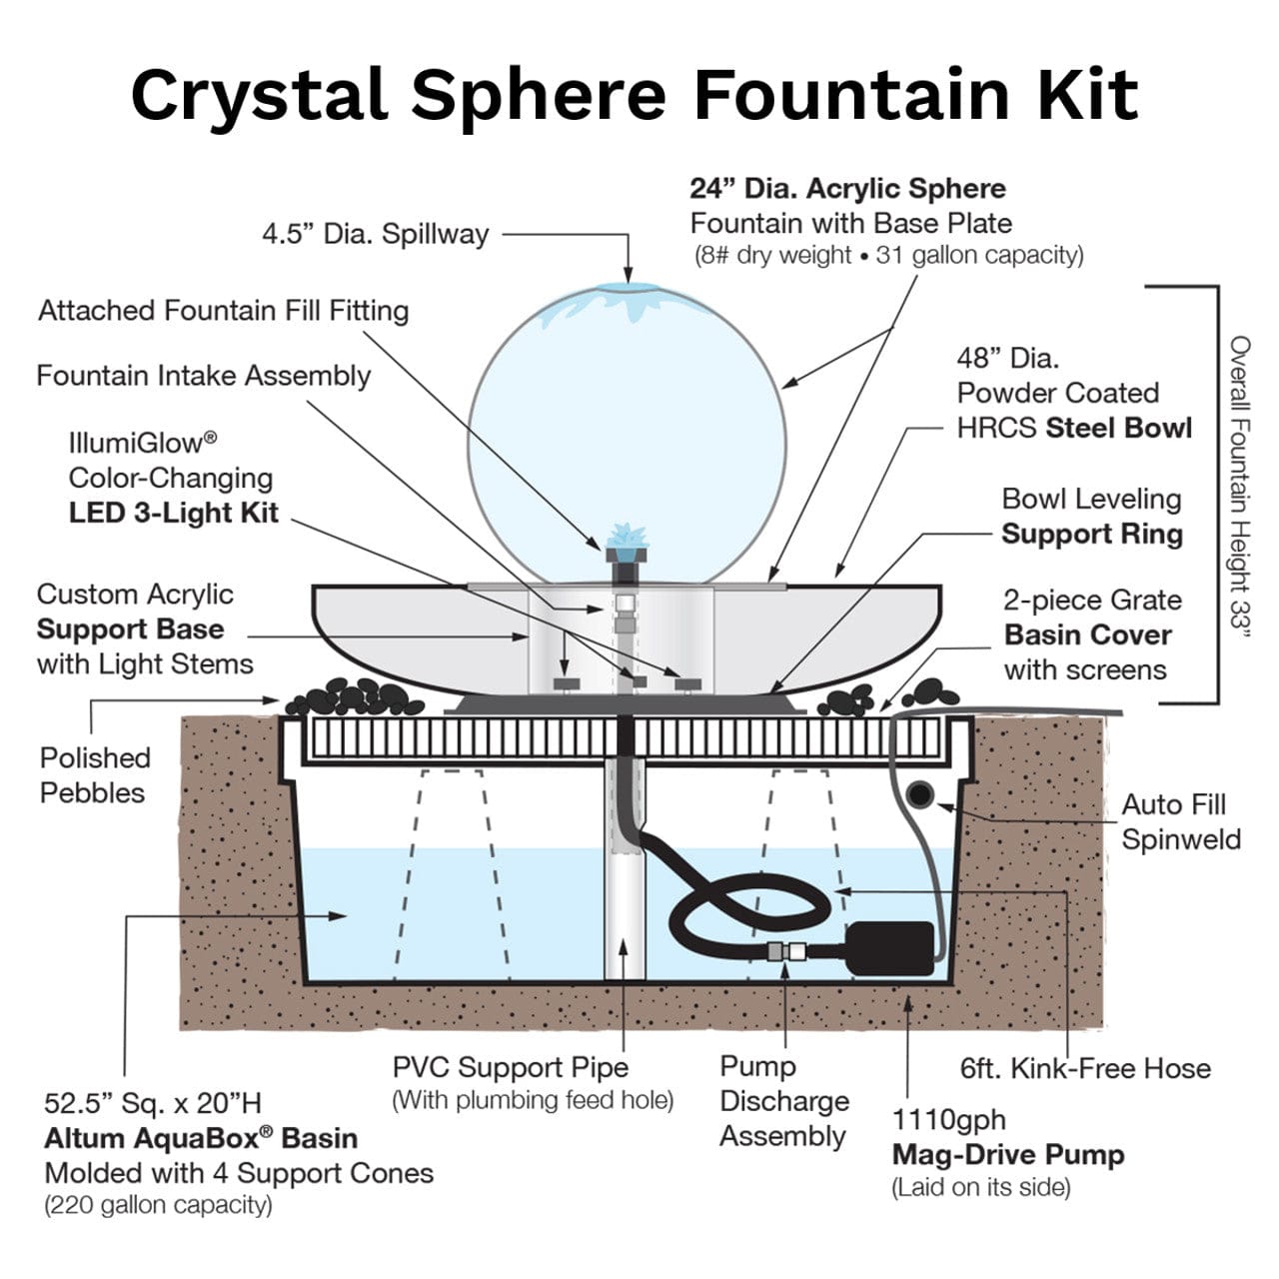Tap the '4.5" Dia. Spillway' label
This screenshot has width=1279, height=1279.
point(375,234)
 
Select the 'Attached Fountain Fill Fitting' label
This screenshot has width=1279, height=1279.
point(223,311)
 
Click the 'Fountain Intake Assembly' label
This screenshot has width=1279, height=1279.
point(203,376)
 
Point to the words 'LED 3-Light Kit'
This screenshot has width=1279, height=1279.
point(173,514)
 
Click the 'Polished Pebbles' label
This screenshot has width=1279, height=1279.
point(94,775)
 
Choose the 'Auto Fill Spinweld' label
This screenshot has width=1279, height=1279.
point(1180,821)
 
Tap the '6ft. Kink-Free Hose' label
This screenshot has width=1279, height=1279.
point(1084,1068)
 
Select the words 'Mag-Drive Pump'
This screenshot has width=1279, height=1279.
point(1007,1155)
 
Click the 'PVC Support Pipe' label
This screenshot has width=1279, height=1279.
point(510,1067)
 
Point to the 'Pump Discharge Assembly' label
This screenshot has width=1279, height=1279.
point(783,1101)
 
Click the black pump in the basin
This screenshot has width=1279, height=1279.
point(889,947)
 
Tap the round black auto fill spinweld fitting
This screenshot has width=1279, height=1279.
point(918,795)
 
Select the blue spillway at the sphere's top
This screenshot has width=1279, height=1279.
point(628,289)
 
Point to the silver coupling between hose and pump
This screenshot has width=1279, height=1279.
point(786,951)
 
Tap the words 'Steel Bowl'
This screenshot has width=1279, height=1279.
point(1118,429)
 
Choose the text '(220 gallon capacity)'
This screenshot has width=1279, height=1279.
point(158,1205)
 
